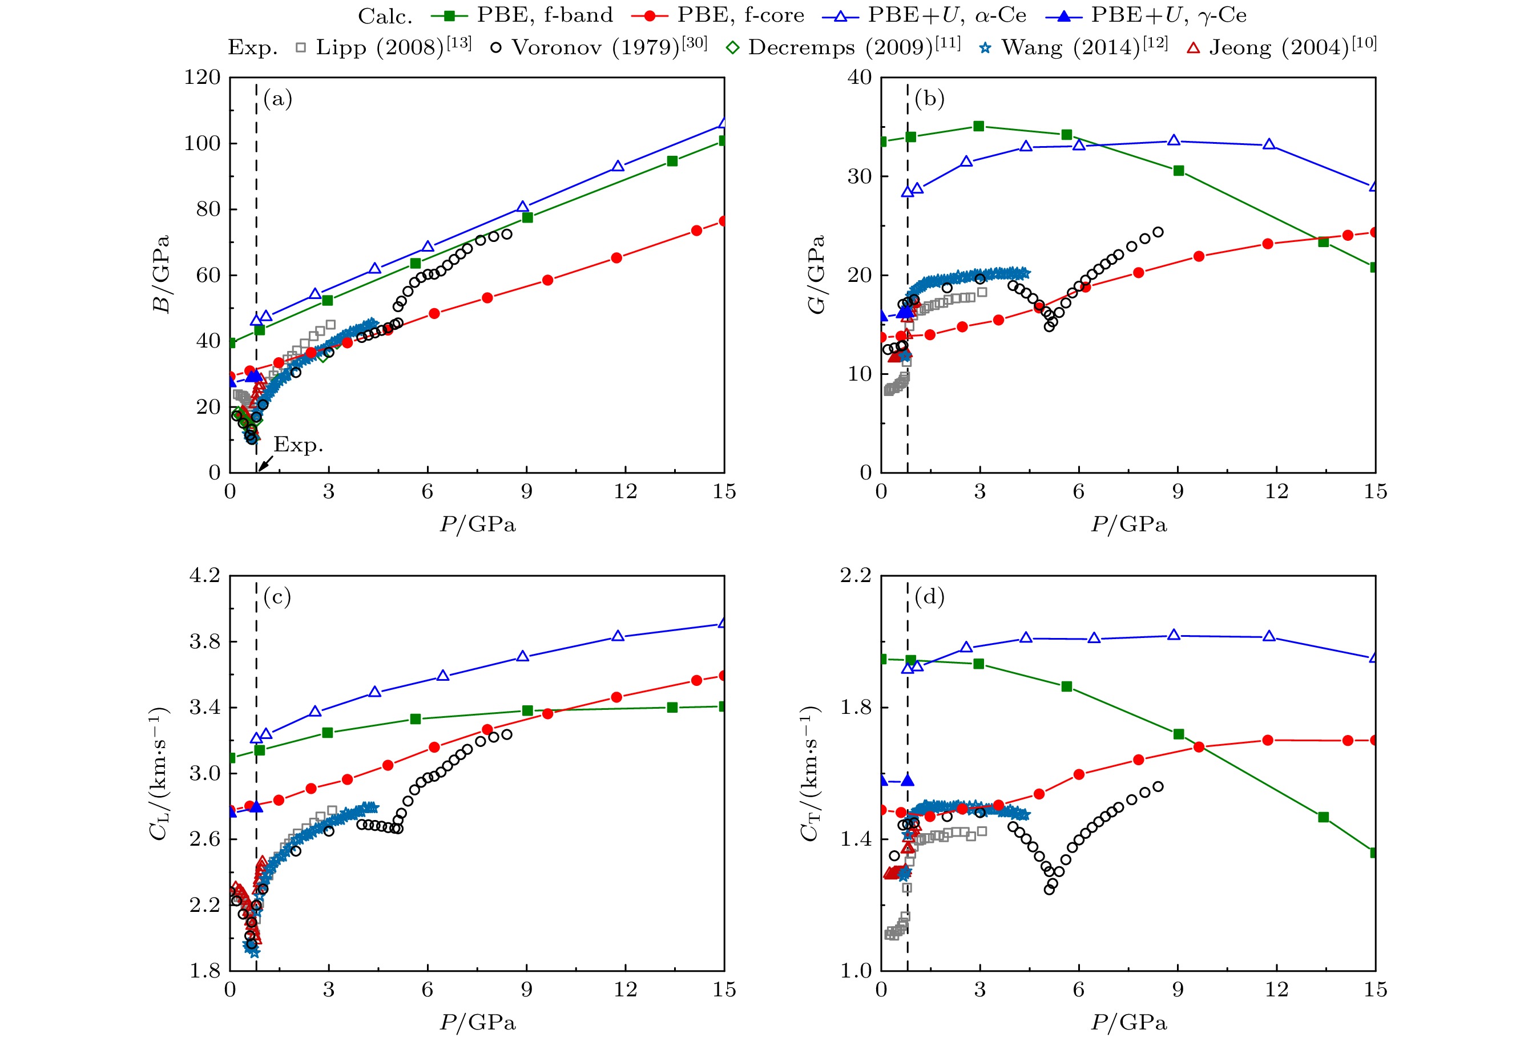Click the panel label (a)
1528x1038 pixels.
coord(277,99)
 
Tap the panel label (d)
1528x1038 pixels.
coord(929,597)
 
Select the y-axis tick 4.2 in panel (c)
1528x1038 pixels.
coord(204,576)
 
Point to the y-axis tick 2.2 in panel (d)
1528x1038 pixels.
coord(856,576)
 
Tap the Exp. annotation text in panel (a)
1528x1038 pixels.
coord(299,445)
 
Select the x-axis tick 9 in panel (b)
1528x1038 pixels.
coord(1178,492)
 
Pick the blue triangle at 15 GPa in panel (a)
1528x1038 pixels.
coord(723,123)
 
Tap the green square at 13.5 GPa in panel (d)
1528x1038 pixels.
coord(1324,817)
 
